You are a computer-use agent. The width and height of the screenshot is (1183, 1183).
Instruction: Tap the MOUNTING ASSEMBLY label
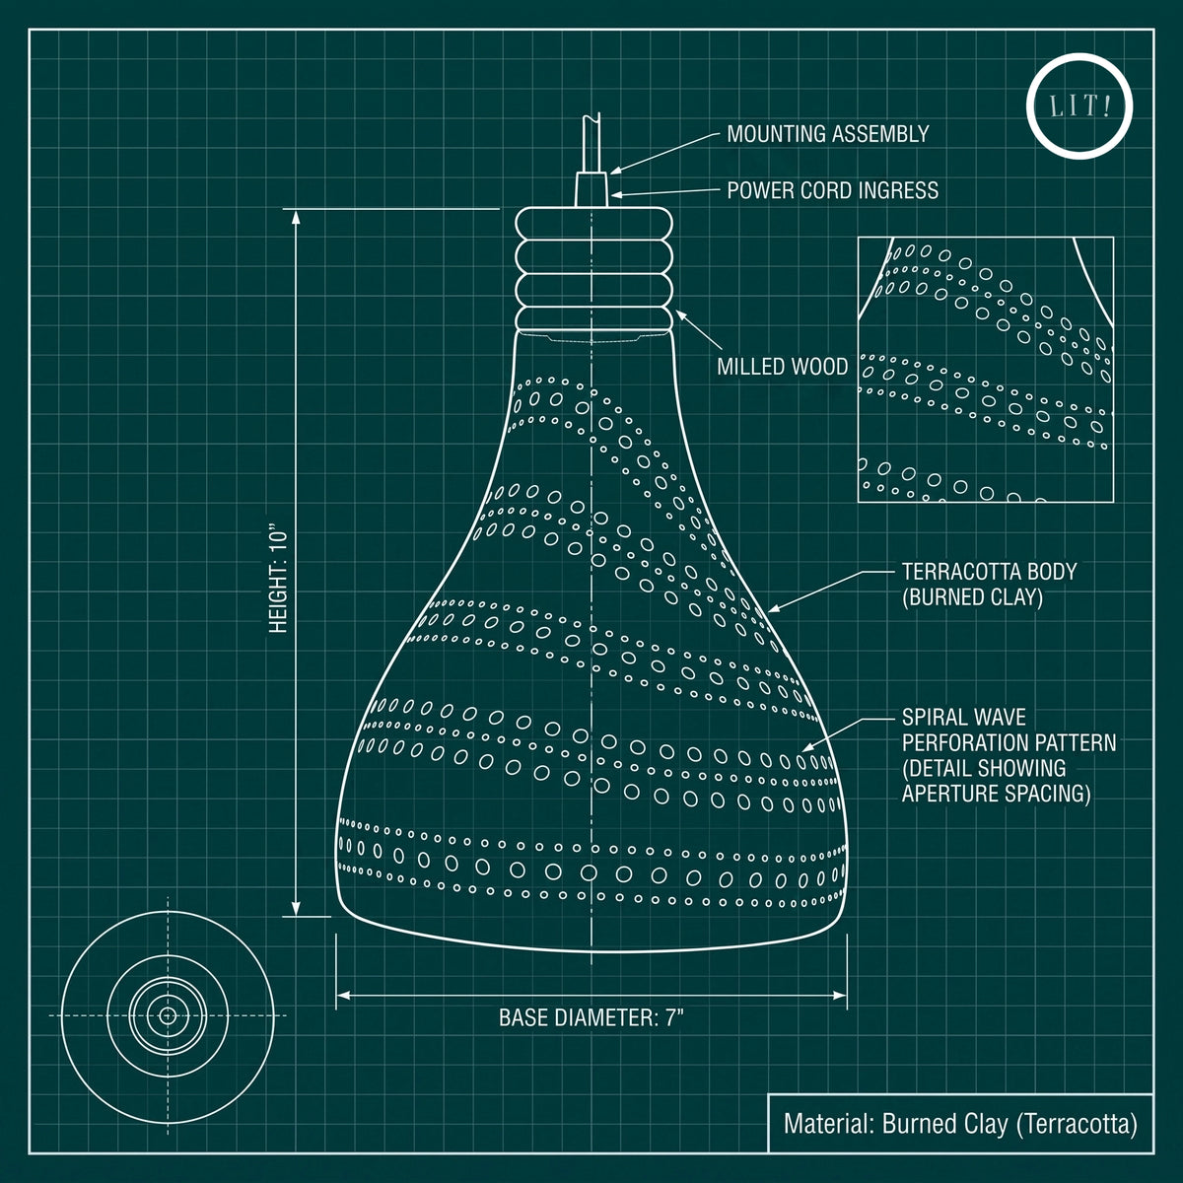click(827, 134)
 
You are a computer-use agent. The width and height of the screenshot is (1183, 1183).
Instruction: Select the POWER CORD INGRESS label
click(832, 190)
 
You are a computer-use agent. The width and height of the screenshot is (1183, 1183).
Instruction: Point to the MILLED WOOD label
click(782, 367)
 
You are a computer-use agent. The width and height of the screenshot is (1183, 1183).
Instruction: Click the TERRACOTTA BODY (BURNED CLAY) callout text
click(989, 584)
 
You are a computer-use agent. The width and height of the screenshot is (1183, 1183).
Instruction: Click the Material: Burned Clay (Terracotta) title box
click(961, 1124)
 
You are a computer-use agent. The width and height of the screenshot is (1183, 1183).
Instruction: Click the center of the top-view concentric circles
click(168, 1015)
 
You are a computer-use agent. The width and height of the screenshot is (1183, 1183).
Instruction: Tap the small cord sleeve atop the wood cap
click(591, 189)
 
